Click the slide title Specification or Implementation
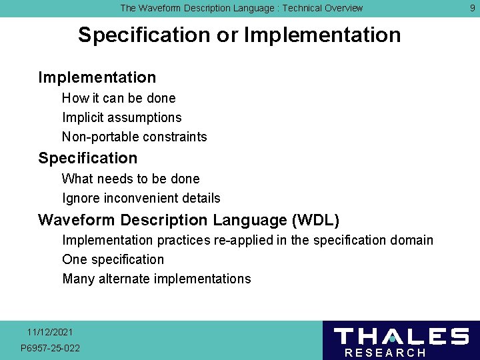pos(239,35)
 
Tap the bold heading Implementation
pos(97,77)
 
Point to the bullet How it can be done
pos(119,98)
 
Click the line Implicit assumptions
pos(121,117)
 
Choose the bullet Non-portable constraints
pos(134,137)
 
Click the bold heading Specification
pos(88,158)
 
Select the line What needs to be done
pos(131,179)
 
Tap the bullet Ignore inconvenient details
pos(141,198)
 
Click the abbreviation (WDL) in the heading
pos(315,220)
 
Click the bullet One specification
pos(113,259)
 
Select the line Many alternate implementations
pos(156,279)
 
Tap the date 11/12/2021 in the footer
pos(50,332)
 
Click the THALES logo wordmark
pos(401,336)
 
